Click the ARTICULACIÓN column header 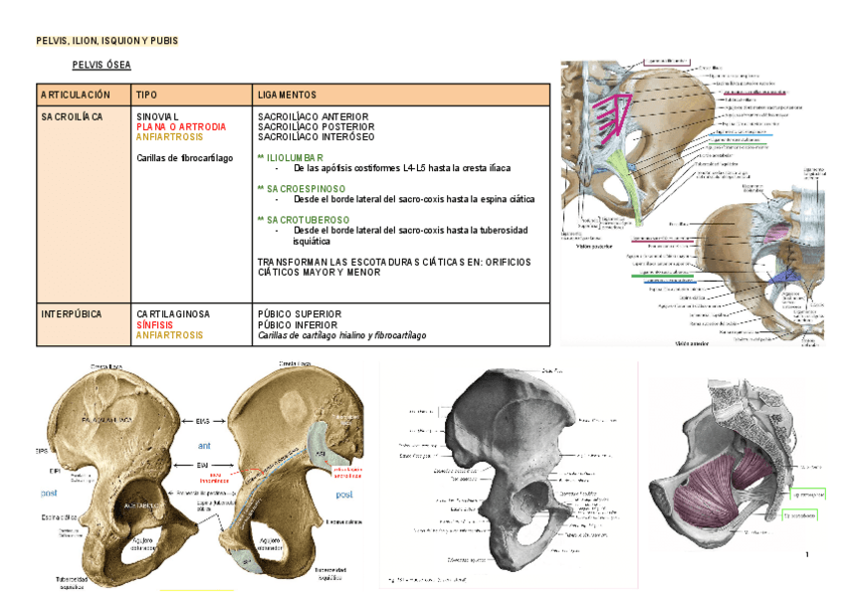point(76,95)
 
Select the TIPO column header point(147,95)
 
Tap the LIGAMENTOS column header point(287,95)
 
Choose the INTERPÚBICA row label point(71,314)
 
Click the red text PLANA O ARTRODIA point(181,127)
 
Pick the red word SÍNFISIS point(156,324)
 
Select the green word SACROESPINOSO point(305,187)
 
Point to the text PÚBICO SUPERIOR point(299,314)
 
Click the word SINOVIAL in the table point(158,117)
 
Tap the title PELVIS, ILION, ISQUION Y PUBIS point(106,41)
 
